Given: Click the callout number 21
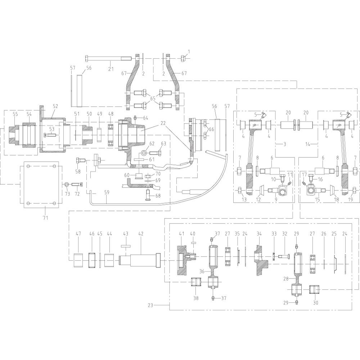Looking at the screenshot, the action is pos(111,69).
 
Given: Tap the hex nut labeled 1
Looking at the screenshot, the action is pos(184,59).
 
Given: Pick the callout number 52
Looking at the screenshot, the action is pos(55,106).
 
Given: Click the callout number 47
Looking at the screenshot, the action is pos(78,234).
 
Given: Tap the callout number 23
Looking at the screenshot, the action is pos(150,305).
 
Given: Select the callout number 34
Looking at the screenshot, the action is pos(259,234).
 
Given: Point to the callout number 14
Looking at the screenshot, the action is pos(308,144).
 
